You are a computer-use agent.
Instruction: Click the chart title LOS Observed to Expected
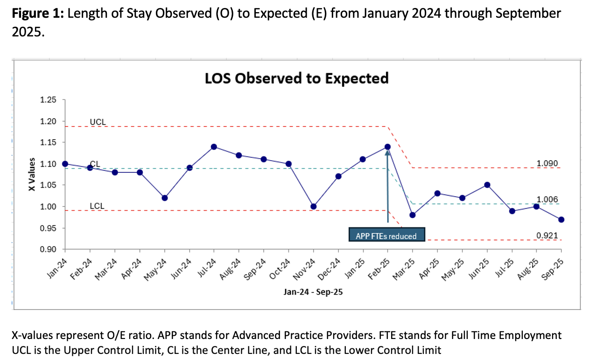tap(296, 78)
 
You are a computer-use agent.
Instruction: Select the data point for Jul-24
tap(214, 147)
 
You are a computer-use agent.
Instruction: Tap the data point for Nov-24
tap(313, 206)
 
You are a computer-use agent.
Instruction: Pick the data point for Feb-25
tap(387, 147)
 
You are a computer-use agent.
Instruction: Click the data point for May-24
tap(164, 198)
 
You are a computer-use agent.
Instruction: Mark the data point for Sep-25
tap(561, 219)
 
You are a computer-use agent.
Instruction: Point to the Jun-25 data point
tap(487, 185)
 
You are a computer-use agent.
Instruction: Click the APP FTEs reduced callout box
tap(386, 235)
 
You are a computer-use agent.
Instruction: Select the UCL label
tap(98, 122)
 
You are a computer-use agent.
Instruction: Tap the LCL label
tap(97, 206)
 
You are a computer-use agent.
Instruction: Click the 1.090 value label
tap(547, 163)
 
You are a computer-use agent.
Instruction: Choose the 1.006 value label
tap(547, 199)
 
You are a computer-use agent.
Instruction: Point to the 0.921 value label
tap(547, 236)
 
